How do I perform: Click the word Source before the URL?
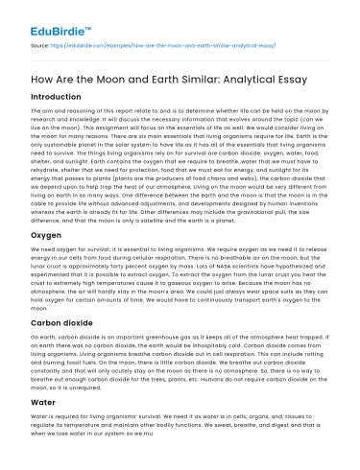pyautogui.click(x=39, y=45)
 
